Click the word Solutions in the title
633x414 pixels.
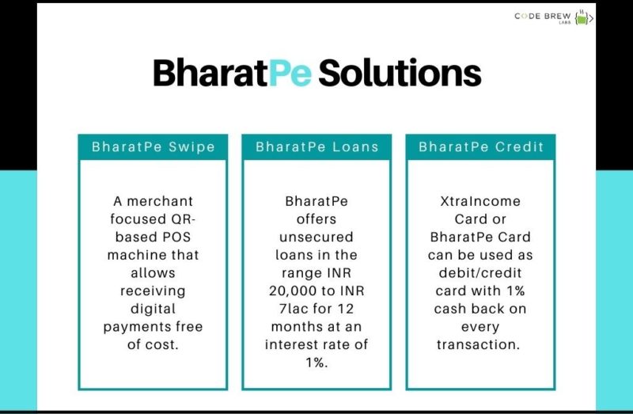[400, 74]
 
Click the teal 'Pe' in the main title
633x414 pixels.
[290, 74]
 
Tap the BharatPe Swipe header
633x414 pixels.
[153, 147]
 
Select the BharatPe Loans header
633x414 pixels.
[316, 147]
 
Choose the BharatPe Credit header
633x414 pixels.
[480, 147]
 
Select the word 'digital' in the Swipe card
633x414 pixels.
[153, 309]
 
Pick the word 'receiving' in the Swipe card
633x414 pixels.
[153, 291]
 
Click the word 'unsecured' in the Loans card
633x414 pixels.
[316, 237]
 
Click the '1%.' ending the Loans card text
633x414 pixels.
[316, 363]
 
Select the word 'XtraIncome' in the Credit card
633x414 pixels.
[480, 201]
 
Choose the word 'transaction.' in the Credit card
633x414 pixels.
[480, 344]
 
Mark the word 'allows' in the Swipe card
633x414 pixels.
[153, 273]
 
